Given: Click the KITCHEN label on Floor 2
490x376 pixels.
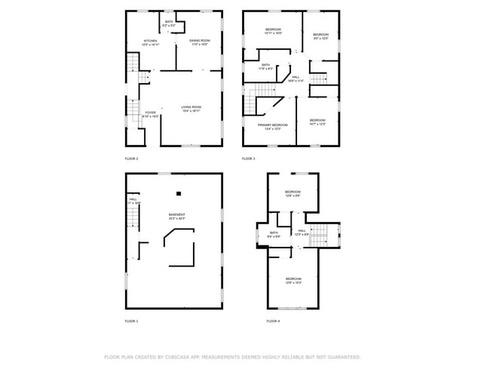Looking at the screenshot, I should pos(151,42).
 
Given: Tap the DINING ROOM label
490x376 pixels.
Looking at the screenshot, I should pos(199,40).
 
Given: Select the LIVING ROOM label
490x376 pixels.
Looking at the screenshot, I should pos(191,107).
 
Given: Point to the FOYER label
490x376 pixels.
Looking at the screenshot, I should pos(151,113).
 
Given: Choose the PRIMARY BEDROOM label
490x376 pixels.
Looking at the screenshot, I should pos(273,125).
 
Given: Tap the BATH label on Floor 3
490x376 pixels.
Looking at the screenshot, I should pos(265,66).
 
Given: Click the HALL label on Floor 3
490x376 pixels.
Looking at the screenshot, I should pos(296,77).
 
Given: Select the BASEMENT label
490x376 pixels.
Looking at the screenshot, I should pos(177,215).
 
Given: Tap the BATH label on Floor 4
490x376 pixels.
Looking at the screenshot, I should pos(274,233).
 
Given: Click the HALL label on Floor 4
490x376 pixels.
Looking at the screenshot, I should pos(301,231).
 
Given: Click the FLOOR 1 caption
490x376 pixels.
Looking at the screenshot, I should pos(131,321).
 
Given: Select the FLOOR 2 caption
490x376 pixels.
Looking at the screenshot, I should pos(131,159).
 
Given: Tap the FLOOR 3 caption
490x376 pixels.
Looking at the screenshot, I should pos(249,159).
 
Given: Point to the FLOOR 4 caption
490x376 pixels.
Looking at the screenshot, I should pos(273,321).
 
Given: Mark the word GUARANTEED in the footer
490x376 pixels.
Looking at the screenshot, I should pos(342,356).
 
